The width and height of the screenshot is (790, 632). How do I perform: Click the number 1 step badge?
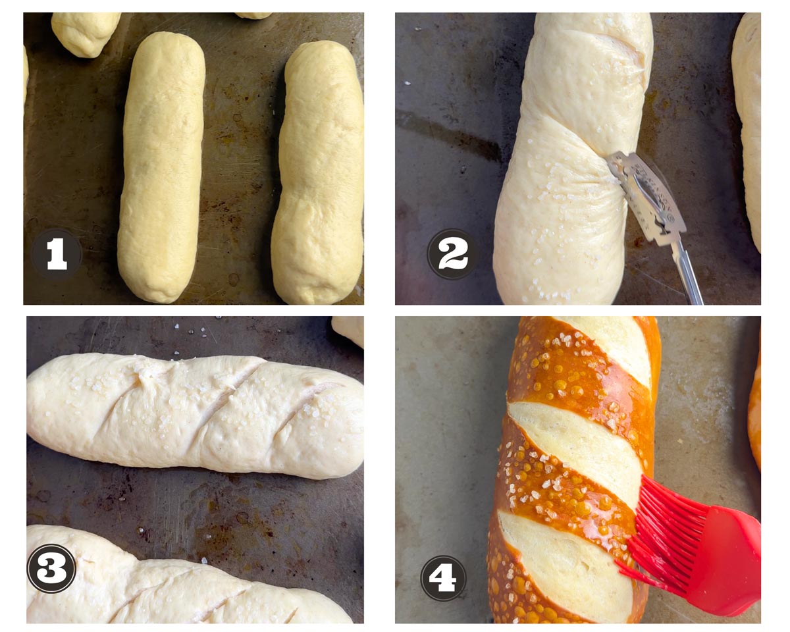click(x=57, y=254)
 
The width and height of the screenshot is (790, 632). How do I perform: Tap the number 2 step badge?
click(x=452, y=254)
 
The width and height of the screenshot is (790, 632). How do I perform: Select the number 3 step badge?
click(x=52, y=568)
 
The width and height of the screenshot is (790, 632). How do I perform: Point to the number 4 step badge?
click(x=444, y=577)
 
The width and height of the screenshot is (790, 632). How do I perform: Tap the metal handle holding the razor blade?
click(x=686, y=272)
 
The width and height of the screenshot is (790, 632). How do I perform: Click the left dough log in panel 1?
click(x=161, y=167)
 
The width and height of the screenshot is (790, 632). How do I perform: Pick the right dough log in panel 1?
click(x=318, y=172)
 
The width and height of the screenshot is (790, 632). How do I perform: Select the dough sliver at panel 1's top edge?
click(x=253, y=15)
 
